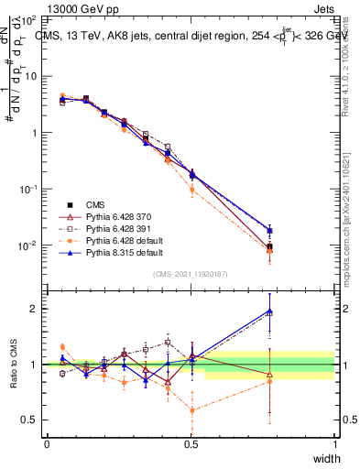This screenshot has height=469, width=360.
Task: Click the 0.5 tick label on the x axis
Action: point(191,444)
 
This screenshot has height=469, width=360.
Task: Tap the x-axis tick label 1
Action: point(334,444)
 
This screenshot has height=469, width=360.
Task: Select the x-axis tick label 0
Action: point(47,444)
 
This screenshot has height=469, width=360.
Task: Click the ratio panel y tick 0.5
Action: point(32,420)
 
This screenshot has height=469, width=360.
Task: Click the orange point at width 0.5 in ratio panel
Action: point(191,410)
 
